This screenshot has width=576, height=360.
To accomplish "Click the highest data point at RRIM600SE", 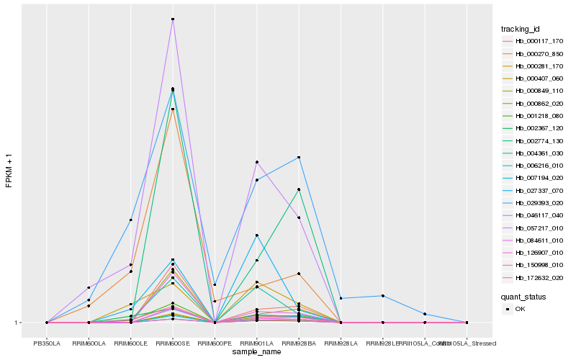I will click(173, 19).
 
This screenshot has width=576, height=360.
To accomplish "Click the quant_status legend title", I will click(524, 296).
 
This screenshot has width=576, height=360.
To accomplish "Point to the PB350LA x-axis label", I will click(47, 343).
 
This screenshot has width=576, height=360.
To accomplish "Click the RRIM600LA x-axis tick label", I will click(89, 343).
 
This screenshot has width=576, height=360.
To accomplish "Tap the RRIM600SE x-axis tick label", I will click(173, 343).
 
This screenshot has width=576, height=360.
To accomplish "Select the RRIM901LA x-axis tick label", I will click(256, 343).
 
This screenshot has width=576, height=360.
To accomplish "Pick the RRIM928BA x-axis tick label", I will click(298, 343).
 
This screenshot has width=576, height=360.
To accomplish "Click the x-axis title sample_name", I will click(257, 352).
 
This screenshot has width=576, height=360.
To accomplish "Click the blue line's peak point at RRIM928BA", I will click(298, 157).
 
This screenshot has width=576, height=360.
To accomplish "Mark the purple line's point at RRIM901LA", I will click(256, 162).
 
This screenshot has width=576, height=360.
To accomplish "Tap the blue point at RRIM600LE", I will click(130, 220).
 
